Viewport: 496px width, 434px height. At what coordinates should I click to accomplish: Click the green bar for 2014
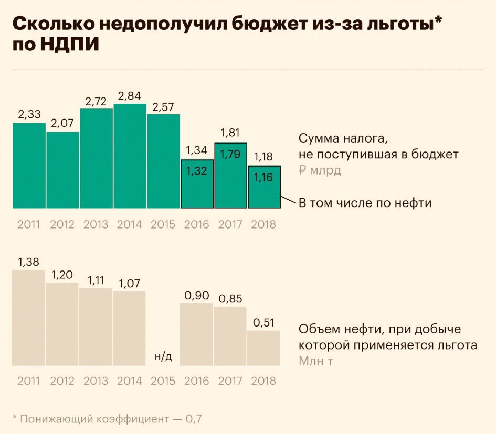tap(130, 156)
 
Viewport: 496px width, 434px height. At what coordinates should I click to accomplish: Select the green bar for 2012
tap(62, 170)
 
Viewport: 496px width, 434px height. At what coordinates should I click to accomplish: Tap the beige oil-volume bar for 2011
tap(29, 318)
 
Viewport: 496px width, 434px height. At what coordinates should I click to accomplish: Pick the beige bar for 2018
tap(263, 348)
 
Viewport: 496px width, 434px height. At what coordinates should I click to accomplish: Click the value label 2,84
tap(130, 96)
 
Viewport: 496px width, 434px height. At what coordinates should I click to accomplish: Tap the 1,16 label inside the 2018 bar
tap(263, 177)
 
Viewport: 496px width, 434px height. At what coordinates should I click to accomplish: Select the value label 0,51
tap(263, 322)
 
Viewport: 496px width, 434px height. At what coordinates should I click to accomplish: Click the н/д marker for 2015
tap(163, 357)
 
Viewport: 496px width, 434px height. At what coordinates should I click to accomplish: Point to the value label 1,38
tap(29, 261)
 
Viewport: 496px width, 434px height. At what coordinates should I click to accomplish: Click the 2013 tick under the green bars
tap(96, 225)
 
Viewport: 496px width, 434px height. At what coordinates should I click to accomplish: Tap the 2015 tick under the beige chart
tap(163, 381)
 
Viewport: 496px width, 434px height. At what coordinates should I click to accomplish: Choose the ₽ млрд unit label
tap(320, 171)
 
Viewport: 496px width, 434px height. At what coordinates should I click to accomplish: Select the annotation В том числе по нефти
tap(365, 203)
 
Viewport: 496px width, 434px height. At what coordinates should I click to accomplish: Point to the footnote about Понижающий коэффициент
tap(107, 419)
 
